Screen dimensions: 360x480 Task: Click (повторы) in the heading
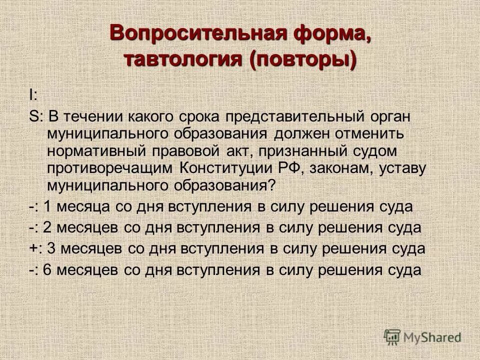click(303, 59)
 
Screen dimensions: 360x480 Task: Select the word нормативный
click(94, 150)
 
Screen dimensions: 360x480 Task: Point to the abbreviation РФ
click(297, 167)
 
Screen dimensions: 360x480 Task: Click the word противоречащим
click(110, 167)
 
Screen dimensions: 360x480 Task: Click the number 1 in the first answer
click(46, 206)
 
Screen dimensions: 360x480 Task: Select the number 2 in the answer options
click(46, 227)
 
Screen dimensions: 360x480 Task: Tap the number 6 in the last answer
click(46, 270)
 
